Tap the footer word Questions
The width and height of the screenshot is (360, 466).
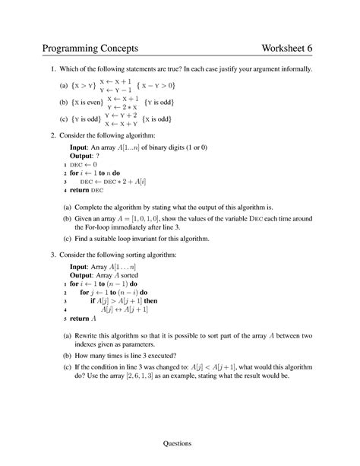[180, 443]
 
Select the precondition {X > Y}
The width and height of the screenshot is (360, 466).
[78, 85]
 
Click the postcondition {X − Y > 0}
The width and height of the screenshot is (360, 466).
[164, 85]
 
